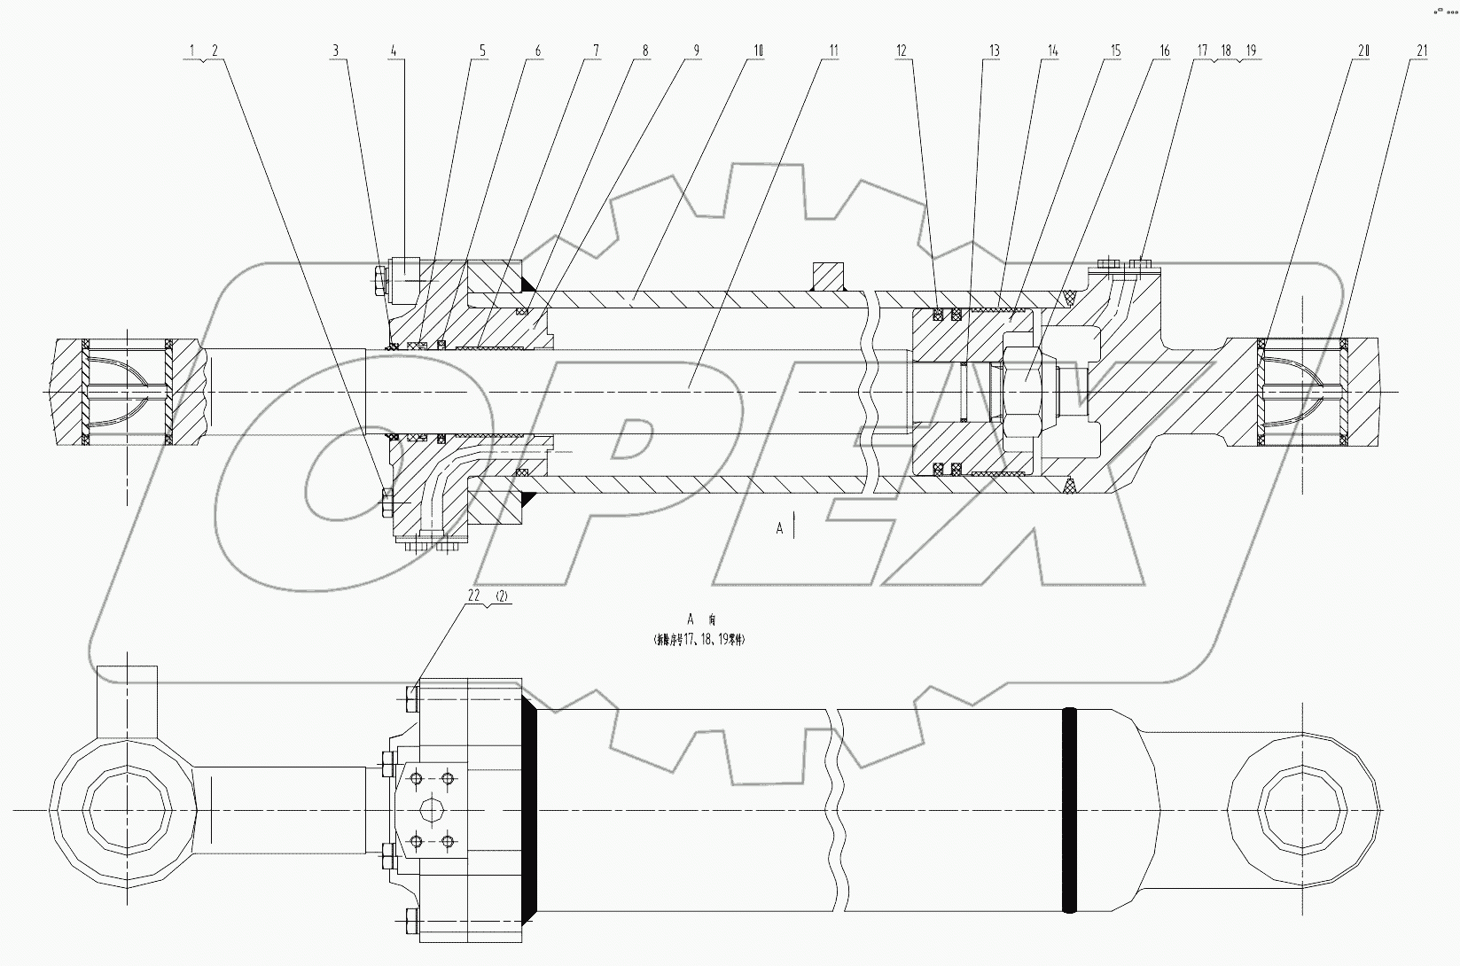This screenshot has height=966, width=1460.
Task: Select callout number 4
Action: pos(393,51)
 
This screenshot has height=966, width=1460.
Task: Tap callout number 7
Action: pos(597,51)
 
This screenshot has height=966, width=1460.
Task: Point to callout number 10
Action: pos(757,51)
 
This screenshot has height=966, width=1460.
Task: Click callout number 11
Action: pos(832,51)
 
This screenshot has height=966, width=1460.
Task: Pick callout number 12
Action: pos(902,51)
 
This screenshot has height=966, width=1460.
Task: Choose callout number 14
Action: pos(1052,51)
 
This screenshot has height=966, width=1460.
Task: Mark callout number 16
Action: pos(1165,51)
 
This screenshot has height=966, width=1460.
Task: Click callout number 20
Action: pos(1362,51)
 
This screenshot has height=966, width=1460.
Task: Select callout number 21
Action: pos(1422,51)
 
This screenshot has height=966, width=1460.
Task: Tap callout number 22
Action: pos(473,597)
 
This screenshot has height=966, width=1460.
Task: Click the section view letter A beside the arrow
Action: pos(780,528)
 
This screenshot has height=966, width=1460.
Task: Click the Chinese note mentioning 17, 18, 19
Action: pos(699,638)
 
